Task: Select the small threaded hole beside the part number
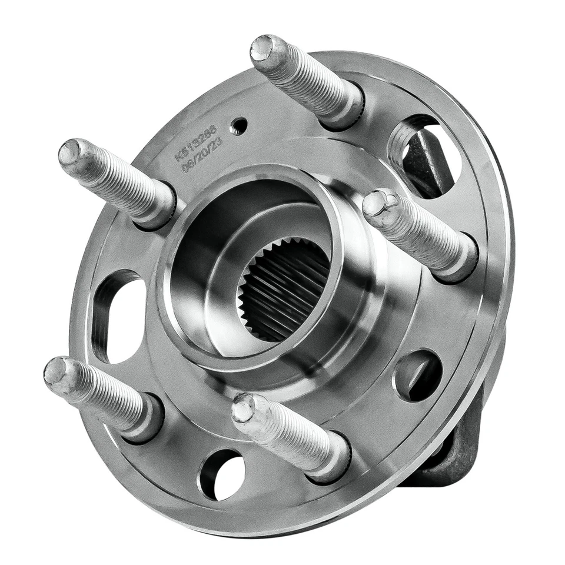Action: (x=238, y=125)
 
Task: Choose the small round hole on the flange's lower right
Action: (x=418, y=375)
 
